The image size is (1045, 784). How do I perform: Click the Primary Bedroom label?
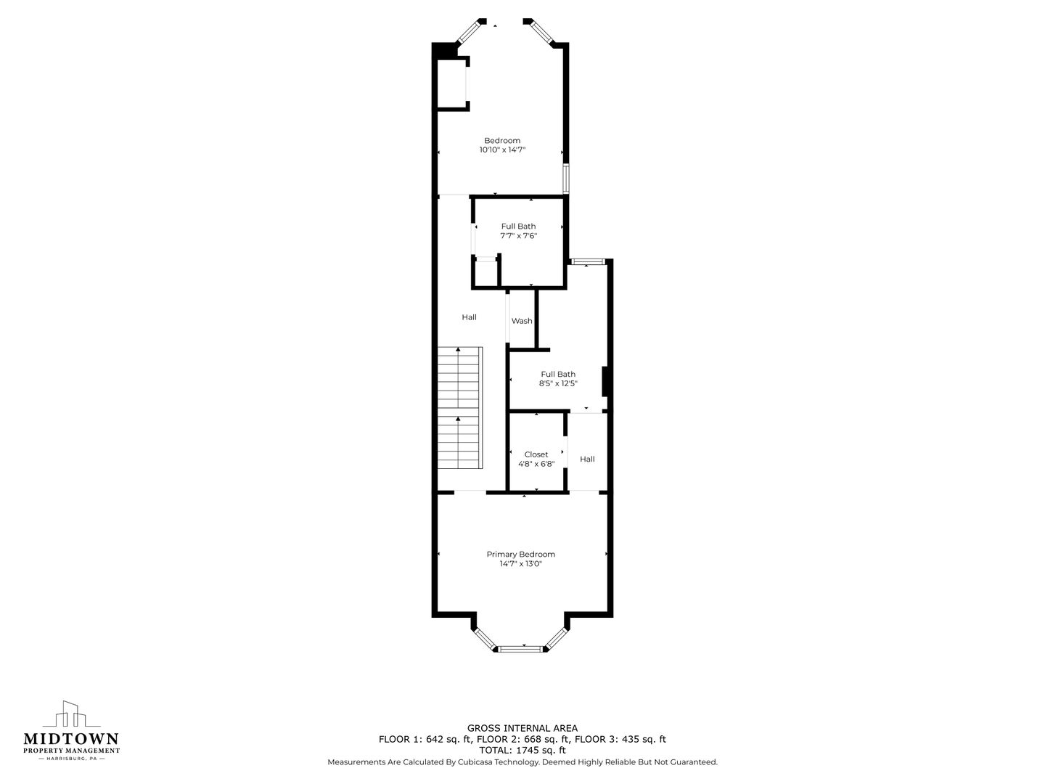[520, 554]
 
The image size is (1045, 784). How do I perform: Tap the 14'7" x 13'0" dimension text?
[520, 563]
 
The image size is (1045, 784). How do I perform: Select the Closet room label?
[536, 454]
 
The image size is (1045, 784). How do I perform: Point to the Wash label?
[522, 321]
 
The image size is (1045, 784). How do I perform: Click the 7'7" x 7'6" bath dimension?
[518, 235]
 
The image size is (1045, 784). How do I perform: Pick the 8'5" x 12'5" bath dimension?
[558, 383]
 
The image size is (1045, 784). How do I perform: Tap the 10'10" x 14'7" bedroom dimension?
[502, 150]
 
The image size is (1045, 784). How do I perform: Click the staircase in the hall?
[460, 408]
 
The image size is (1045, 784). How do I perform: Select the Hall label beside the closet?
[587, 459]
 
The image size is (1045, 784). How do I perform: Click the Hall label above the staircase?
[469, 317]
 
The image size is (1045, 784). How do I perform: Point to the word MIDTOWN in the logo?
[71, 738]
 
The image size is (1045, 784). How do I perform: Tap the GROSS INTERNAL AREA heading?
[522, 728]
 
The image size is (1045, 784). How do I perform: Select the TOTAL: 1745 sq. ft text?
[522, 750]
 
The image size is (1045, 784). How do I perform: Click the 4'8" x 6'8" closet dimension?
[536, 464]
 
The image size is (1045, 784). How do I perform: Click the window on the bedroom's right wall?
[566, 179]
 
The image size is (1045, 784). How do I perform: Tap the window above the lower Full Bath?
[588, 261]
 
